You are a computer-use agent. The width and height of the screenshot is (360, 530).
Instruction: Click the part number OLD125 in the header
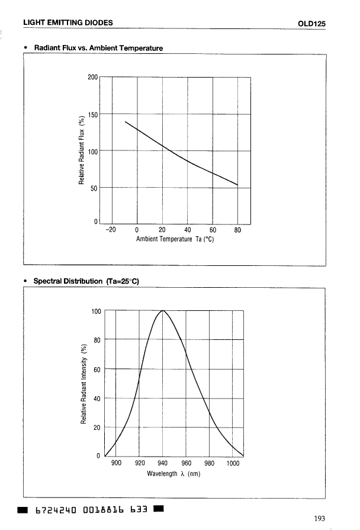(x=313, y=23)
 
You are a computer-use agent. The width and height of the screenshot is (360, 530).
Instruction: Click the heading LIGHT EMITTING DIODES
(x=68, y=23)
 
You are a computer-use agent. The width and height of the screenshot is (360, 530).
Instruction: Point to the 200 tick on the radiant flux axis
(x=92, y=78)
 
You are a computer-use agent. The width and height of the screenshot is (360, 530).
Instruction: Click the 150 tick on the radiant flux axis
(x=92, y=114)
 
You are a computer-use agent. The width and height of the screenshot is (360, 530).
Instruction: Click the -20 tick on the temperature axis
(x=110, y=231)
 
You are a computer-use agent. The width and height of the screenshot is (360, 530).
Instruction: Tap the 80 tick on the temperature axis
(x=237, y=231)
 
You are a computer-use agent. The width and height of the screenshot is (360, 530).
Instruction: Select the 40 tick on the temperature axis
(x=187, y=231)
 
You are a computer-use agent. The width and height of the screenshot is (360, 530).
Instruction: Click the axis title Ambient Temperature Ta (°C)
(x=174, y=239)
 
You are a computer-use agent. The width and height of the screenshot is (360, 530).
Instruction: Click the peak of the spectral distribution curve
(x=163, y=310)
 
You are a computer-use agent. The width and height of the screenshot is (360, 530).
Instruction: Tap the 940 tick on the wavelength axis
(x=163, y=463)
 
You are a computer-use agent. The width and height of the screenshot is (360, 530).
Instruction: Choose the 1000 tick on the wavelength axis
(x=233, y=463)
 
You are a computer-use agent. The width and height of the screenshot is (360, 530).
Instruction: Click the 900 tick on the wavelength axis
(x=116, y=463)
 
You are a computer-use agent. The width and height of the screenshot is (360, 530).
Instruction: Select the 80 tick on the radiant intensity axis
(x=97, y=340)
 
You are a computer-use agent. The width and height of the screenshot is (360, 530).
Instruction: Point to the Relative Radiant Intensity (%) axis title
(x=83, y=383)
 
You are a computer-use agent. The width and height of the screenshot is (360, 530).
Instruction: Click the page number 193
(x=320, y=519)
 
